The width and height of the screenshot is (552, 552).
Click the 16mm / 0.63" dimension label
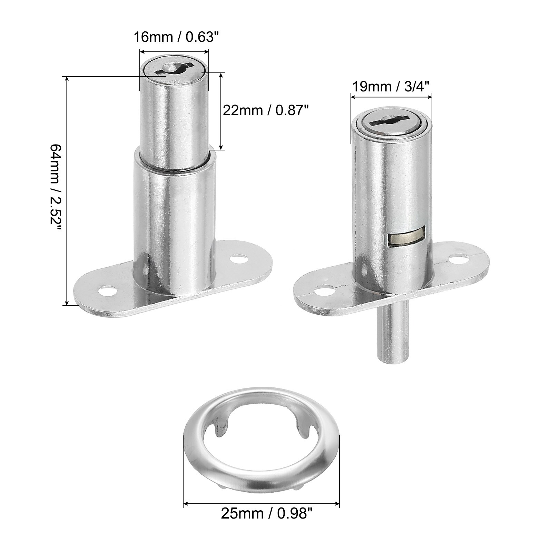click(176, 37)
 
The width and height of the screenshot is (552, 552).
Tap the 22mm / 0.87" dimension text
click(265, 110)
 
